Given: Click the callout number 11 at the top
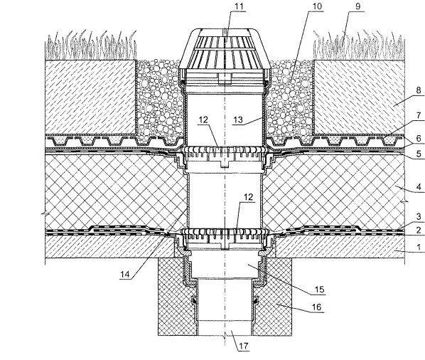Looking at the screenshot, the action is (x=239, y=6).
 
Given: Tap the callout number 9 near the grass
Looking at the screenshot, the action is (x=357, y=6).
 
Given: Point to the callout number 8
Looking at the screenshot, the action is (x=419, y=90).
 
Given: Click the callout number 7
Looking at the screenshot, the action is (x=419, y=115).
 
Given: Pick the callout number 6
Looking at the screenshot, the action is (x=419, y=138).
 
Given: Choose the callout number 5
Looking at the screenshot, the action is (x=419, y=154).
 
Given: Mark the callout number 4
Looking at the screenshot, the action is (x=419, y=187).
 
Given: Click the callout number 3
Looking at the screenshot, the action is (x=419, y=216).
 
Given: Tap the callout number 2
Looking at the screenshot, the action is (x=419, y=230).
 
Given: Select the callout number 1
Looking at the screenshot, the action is (x=419, y=247).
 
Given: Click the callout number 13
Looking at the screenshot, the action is (x=238, y=120).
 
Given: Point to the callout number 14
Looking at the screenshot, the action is (x=125, y=275).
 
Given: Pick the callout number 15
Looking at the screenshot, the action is (x=319, y=290).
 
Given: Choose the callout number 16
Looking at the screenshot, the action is (x=316, y=307).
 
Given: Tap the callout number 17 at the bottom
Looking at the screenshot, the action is (x=244, y=346).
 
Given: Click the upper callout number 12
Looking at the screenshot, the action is (x=203, y=120).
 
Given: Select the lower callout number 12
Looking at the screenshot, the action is (x=248, y=197).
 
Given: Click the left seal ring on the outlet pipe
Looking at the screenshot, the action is (x=194, y=300).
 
